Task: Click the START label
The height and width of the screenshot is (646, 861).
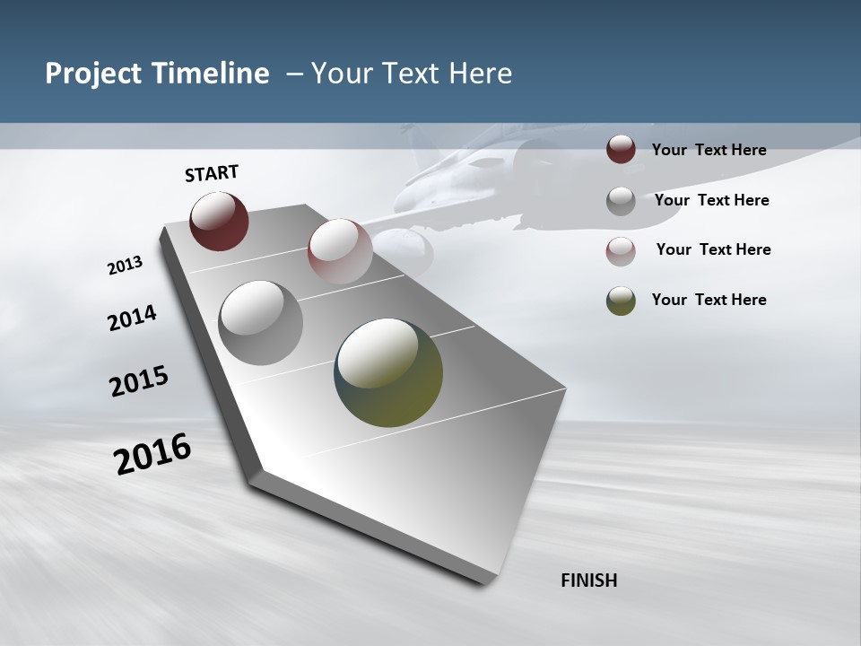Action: tap(212, 173)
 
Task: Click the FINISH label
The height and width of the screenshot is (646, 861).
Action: tap(588, 581)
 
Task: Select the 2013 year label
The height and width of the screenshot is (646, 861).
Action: tap(125, 266)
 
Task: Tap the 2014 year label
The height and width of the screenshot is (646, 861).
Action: tap(132, 318)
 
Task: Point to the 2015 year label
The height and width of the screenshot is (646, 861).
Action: tap(139, 381)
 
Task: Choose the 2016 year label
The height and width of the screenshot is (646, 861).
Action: tap(152, 454)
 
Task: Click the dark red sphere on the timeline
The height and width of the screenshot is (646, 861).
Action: tap(219, 221)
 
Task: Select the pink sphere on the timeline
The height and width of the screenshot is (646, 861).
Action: tap(340, 250)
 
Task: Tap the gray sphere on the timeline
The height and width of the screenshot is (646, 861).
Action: tap(260, 322)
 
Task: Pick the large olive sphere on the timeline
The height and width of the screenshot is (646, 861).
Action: tap(388, 372)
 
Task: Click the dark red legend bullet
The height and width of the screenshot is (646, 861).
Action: tap(621, 149)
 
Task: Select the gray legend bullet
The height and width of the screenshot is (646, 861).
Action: tap(621, 201)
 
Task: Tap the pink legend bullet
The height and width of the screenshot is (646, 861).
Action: tap(621, 251)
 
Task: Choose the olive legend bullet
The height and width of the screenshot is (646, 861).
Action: tap(621, 301)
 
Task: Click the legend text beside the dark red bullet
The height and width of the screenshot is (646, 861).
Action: tap(709, 151)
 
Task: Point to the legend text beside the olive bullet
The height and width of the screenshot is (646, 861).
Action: tap(709, 300)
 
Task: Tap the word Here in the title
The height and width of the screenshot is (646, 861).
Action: tap(480, 74)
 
